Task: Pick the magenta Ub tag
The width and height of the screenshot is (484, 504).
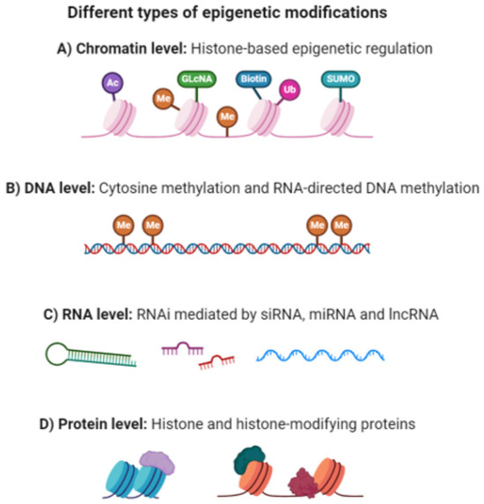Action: pos(287,89)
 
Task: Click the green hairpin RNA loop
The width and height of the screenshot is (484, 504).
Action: pos(59,355)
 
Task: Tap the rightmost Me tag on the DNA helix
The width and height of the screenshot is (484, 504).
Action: pos(342,225)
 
